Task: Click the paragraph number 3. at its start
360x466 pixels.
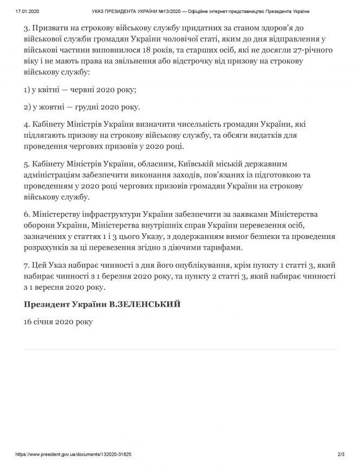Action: click(x=27, y=27)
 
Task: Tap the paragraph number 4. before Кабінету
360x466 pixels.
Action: click(x=27, y=124)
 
